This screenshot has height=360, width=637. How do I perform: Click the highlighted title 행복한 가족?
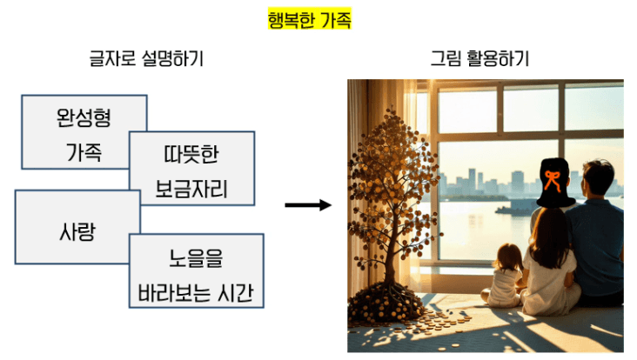(309, 20)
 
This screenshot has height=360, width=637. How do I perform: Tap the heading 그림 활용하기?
(479, 60)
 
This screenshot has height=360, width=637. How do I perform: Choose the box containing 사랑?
(77, 231)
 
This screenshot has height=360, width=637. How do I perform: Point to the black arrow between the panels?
(308, 205)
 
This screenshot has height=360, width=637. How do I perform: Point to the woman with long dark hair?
(547, 261)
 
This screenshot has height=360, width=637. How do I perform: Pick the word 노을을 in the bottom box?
(196, 259)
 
